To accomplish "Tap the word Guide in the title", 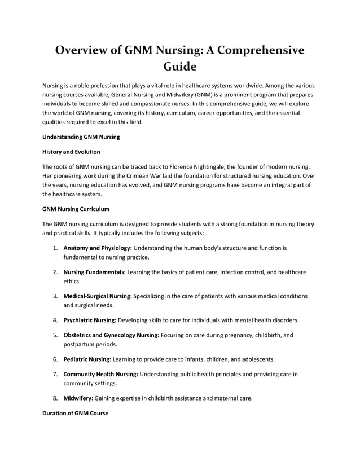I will tap(179, 67).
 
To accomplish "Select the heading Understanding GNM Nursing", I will tap(81, 137).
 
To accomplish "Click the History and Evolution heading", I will tap(72, 152).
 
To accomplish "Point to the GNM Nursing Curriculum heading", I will tap(76, 209).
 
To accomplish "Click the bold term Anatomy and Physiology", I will tap(98, 248).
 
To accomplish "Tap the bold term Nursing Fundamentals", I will tap(94, 272).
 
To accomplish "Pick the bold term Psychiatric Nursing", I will tap(90, 320).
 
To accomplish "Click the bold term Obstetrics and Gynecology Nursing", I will tap(111, 335).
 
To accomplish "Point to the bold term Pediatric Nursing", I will tap(87, 359).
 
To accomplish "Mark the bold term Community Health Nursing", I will tap(100, 374).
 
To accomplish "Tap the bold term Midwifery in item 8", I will tap(78, 398).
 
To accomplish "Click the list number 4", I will tap(55, 320).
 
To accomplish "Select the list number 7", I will tap(55, 374).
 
